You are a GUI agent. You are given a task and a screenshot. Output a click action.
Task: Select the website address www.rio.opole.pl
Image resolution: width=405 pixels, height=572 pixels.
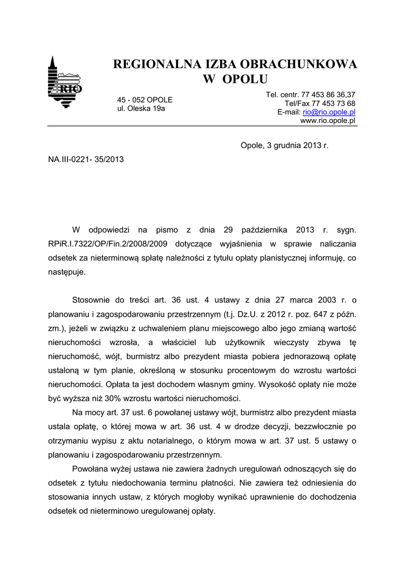click(328, 121)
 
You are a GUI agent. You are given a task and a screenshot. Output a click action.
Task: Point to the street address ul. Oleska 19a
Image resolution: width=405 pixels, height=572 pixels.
click(141, 108)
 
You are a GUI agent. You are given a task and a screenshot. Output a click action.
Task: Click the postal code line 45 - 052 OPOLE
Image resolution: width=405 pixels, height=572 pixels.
click(145, 100)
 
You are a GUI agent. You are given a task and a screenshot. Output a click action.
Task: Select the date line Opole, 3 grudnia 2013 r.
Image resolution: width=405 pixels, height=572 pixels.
click(284, 145)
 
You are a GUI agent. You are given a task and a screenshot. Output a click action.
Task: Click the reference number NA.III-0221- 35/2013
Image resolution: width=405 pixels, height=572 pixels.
click(86, 159)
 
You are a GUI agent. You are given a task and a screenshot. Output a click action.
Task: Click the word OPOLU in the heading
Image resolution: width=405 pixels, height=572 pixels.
click(245, 79)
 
